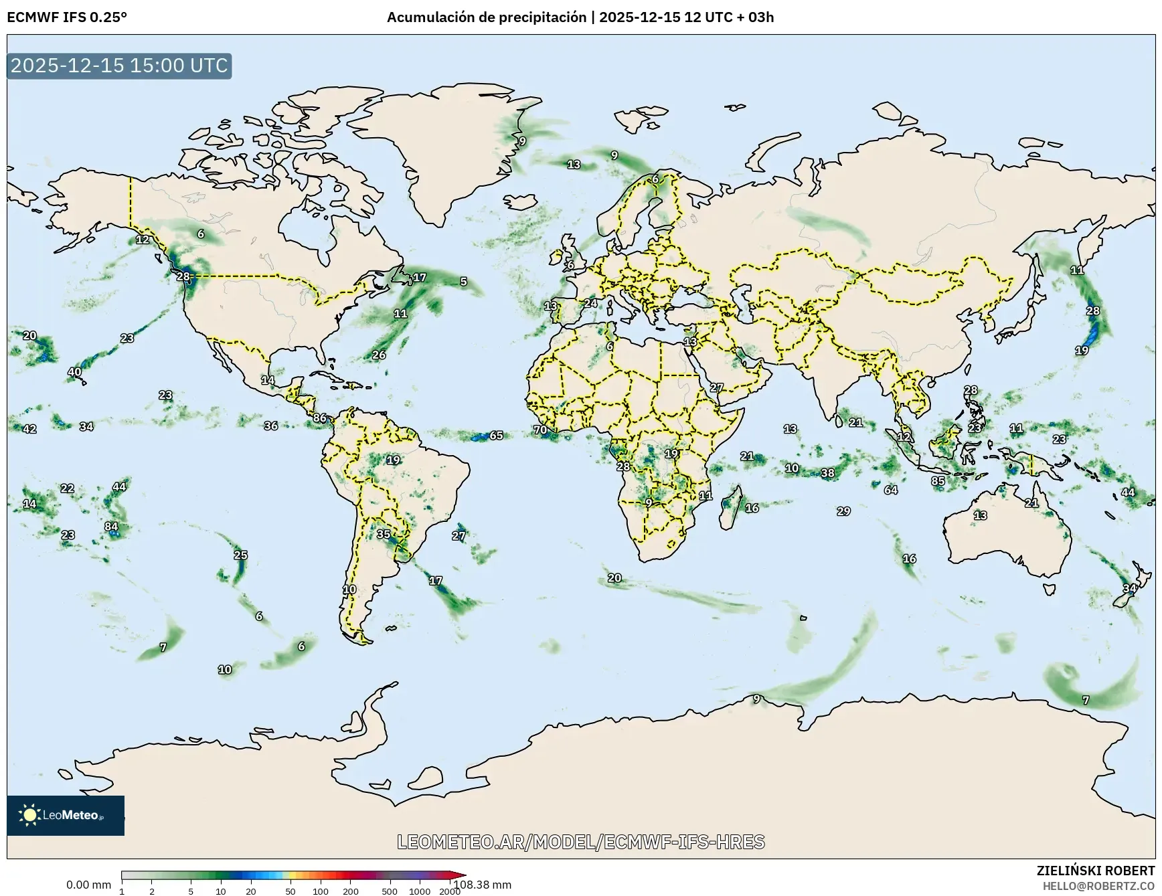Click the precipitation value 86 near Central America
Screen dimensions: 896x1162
pos(320,418)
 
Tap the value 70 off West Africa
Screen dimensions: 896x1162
pos(540,430)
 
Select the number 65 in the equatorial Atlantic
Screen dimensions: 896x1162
pos(496,436)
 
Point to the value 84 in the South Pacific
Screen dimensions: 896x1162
pos(111,527)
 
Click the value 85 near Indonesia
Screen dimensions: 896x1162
pos(938,481)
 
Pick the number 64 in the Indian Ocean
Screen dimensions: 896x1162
pos(890,490)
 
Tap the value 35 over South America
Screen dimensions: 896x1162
pos(384,534)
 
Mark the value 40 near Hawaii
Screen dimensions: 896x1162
pos(74,372)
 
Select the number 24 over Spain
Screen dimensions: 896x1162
pos(590,303)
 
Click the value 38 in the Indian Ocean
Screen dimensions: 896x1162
pos(828,473)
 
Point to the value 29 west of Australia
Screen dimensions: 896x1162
pos(843,511)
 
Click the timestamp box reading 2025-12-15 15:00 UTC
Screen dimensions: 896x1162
pos(119,66)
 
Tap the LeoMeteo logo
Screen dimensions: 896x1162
pos(66,815)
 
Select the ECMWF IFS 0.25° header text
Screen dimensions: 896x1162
pos(67,17)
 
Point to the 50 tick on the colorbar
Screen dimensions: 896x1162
pos(290,891)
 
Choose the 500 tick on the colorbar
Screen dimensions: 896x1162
pos(390,891)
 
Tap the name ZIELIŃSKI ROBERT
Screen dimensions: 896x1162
pos(1095,871)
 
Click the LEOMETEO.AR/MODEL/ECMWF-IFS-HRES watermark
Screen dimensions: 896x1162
pos(581,842)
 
